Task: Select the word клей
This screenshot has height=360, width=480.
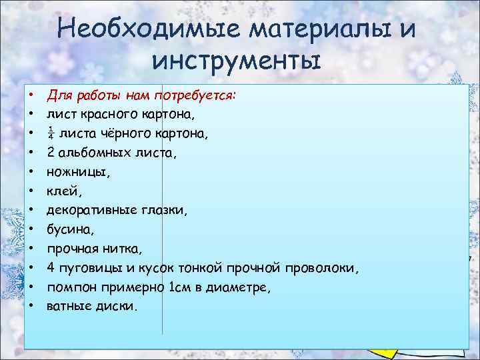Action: point(61,191)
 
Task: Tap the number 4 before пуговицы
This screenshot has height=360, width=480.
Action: point(51,268)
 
